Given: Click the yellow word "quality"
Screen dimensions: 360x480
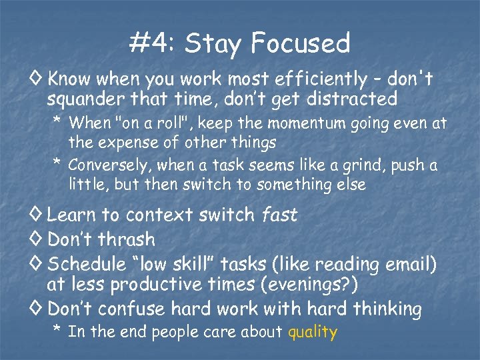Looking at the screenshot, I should [313, 332].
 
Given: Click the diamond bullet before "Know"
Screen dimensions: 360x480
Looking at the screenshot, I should [37, 80].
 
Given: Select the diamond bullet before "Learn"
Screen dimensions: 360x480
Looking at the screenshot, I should [37, 215].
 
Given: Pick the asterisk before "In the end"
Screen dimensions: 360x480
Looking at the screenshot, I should [58, 332].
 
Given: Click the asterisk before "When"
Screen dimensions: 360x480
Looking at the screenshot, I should [58, 123].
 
